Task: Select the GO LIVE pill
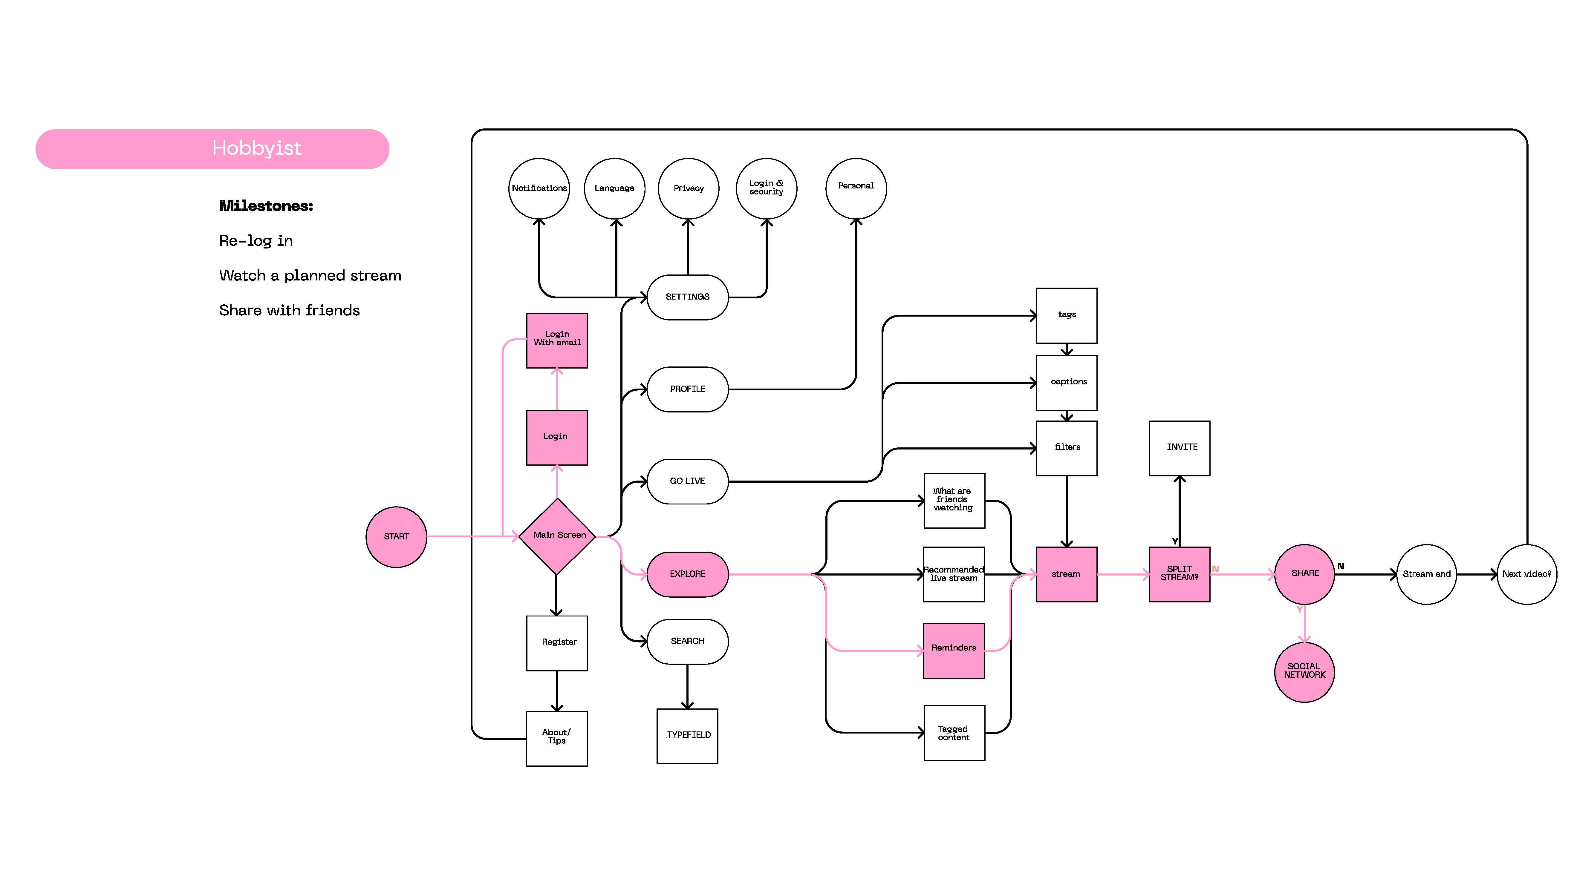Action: (687, 481)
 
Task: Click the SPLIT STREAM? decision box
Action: (1180, 574)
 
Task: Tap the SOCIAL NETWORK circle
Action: (1304, 672)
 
